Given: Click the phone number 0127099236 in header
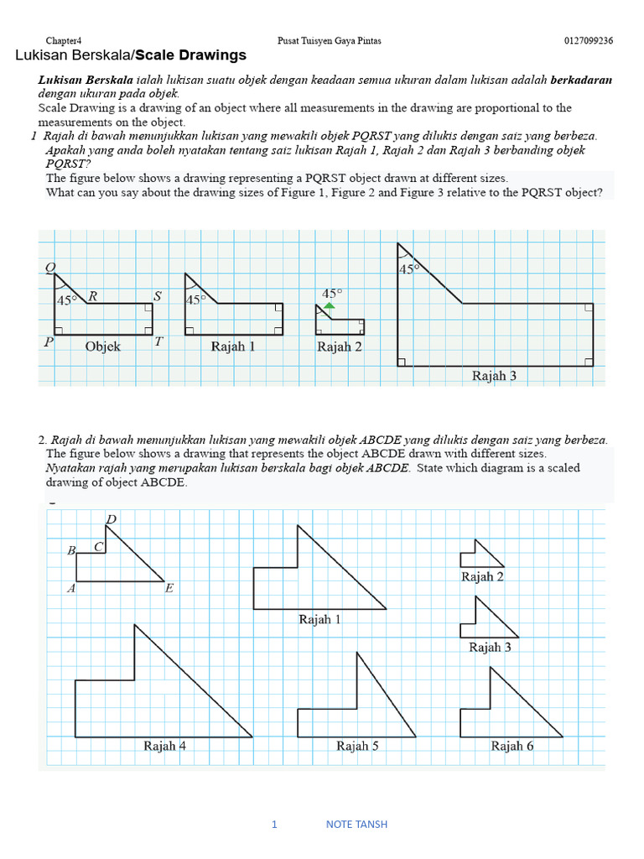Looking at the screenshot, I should click(x=588, y=40).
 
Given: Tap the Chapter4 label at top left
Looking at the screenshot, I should click(x=64, y=40).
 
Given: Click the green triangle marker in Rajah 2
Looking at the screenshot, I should click(x=330, y=307).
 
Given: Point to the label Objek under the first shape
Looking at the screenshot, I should click(x=103, y=346).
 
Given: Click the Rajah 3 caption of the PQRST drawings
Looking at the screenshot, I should click(x=494, y=376).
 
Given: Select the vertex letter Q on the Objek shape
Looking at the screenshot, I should click(x=50, y=268).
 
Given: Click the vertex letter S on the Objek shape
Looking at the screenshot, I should click(x=157, y=295).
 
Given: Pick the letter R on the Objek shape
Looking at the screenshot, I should click(x=93, y=295).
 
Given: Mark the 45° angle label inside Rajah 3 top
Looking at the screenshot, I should click(x=409, y=269).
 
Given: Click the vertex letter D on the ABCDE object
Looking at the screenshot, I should click(x=111, y=520).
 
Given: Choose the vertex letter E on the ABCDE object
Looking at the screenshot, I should click(x=169, y=588).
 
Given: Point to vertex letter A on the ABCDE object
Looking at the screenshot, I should click(x=71, y=588).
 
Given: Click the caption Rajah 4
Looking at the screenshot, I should click(x=165, y=745).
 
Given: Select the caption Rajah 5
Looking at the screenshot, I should click(x=357, y=745).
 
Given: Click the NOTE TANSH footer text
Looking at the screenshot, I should click(x=356, y=824).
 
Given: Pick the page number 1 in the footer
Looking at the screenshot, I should click(x=273, y=824).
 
